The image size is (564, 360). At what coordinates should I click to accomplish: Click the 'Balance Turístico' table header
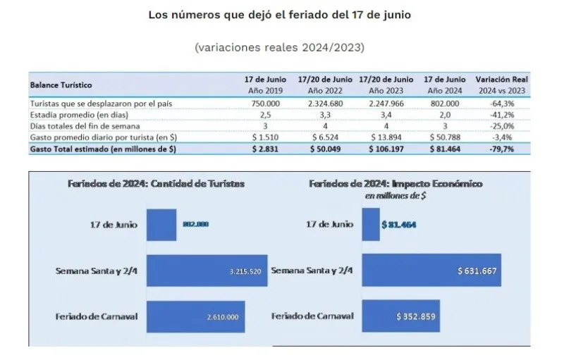tap(61, 85)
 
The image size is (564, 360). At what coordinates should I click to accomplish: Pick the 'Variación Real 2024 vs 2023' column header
tap(502, 85)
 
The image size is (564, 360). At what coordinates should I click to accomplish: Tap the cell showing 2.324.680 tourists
tap(325, 104)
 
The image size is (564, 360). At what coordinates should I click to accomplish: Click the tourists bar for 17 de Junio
tap(161, 224)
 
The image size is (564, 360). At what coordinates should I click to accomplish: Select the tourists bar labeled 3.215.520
tap(207, 271)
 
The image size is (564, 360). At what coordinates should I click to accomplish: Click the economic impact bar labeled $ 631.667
tap(431, 271)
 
